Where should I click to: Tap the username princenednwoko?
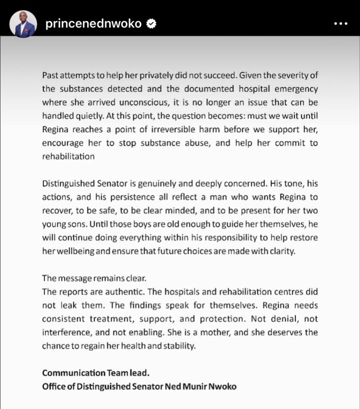point(94,24)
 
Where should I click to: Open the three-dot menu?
point(340,24)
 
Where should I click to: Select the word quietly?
point(84,116)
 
